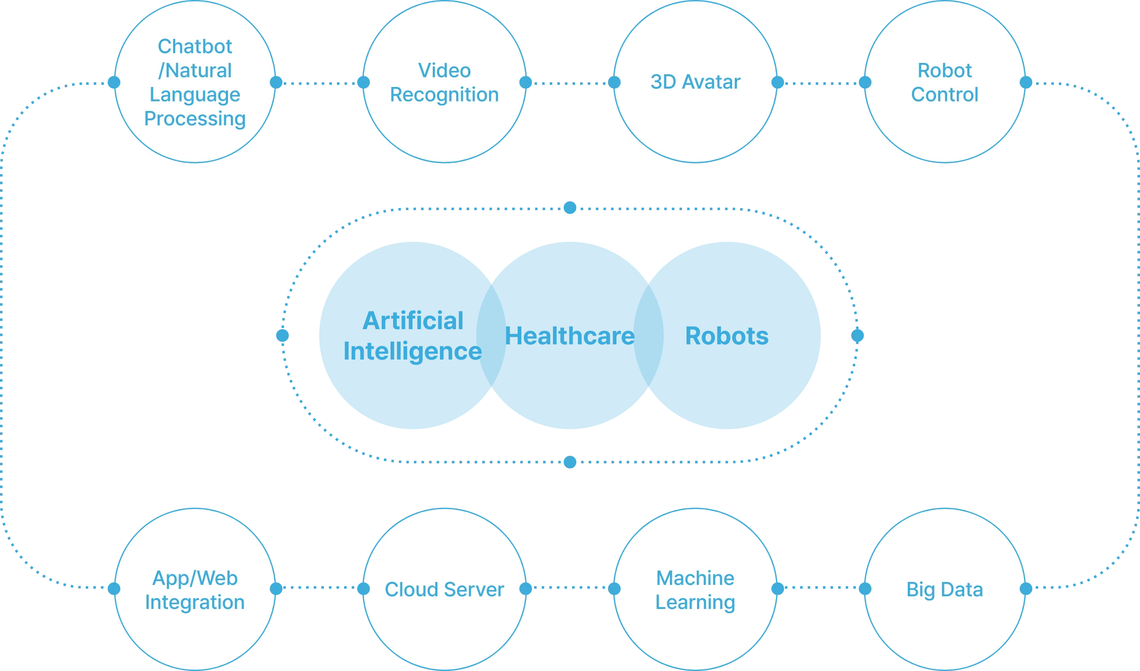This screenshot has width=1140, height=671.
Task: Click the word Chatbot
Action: (x=195, y=46)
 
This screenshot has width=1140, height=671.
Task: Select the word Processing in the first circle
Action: (x=195, y=119)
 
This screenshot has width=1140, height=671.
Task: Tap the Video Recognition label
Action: (x=444, y=83)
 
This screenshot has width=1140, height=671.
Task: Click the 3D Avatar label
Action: (x=695, y=82)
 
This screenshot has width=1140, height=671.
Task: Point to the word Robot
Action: (x=945, y=70)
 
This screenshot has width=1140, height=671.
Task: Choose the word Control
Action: (x=945, y=95)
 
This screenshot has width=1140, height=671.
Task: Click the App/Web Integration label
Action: (x=195, y=590)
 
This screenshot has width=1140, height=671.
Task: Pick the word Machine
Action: (x=695, y=578)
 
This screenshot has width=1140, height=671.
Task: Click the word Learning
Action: (x=695, y=602)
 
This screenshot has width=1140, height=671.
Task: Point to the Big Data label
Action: (x=945, y=590)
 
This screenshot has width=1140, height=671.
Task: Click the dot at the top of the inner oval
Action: (x=570, y=208)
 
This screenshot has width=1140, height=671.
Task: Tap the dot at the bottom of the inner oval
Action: (x=570, y=462)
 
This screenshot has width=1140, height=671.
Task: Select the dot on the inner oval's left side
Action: (x=282, y=335)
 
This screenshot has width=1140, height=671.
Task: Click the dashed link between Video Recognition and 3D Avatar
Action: (x=570, y=84)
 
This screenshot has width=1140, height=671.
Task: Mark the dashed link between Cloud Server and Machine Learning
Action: (x=570, y=588)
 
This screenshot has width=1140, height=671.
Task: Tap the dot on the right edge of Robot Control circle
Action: (x=1026, y=82)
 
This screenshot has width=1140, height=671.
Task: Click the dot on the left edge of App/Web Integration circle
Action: (x=114, y=589)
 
